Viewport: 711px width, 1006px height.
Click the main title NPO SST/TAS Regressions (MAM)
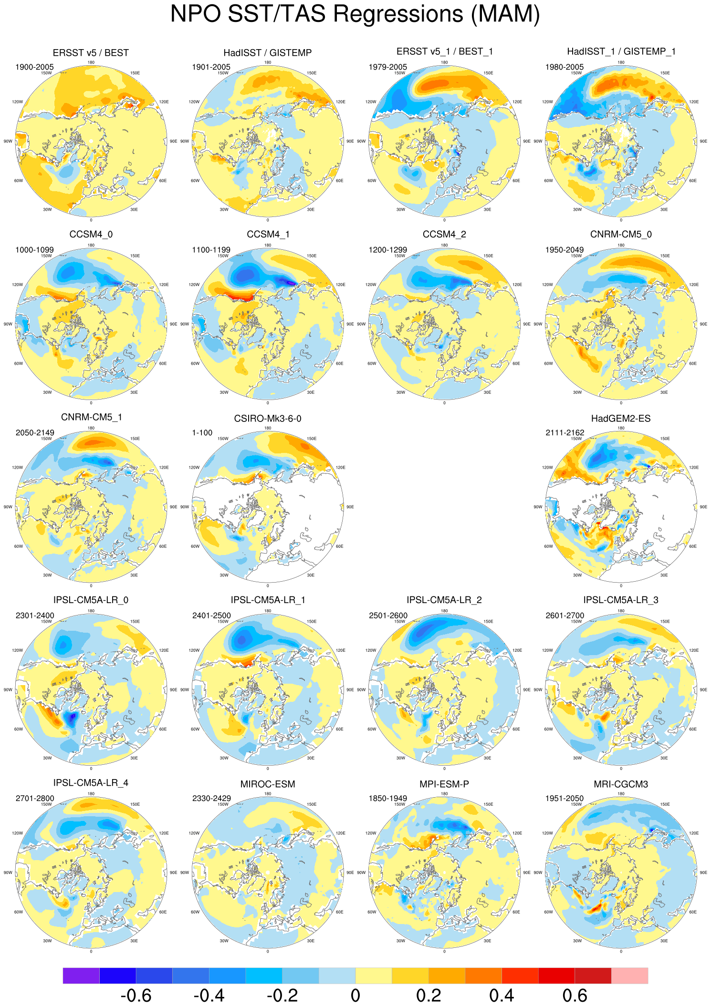[x=355, y=14]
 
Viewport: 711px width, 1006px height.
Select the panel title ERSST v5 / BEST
[x=91, y=53]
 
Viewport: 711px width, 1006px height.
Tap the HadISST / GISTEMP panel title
[x=267, y=53]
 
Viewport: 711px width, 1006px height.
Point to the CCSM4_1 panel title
[x=268, y=235]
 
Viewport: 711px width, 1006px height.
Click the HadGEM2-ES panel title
[x=620, y=419]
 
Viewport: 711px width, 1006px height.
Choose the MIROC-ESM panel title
[x=267, y=784]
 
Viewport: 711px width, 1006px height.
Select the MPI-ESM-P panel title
[x=444, y=784]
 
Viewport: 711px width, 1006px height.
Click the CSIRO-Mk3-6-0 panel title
[x=267, y=419]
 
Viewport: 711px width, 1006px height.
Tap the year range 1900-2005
[x=35, y=67]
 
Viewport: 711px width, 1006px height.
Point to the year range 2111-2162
[x=565, y=433]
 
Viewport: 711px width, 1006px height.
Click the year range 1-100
[x=202, y=433]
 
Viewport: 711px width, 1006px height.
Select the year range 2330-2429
[x=211, y=798]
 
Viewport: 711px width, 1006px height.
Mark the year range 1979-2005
[x=388, y=67]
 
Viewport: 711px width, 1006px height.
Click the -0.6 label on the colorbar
[x=136, y=996]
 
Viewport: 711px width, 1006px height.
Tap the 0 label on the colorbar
[x=355, y=996]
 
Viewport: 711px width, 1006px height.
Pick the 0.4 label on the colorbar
[x=502, y=996]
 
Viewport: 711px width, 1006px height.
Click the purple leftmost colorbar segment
[x=81, y=975]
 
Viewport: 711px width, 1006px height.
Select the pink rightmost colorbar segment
[x=629, y=975]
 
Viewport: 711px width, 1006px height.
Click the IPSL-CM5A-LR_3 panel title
[x=620, y=600]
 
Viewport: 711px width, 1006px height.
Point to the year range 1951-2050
[x=565, y=798]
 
